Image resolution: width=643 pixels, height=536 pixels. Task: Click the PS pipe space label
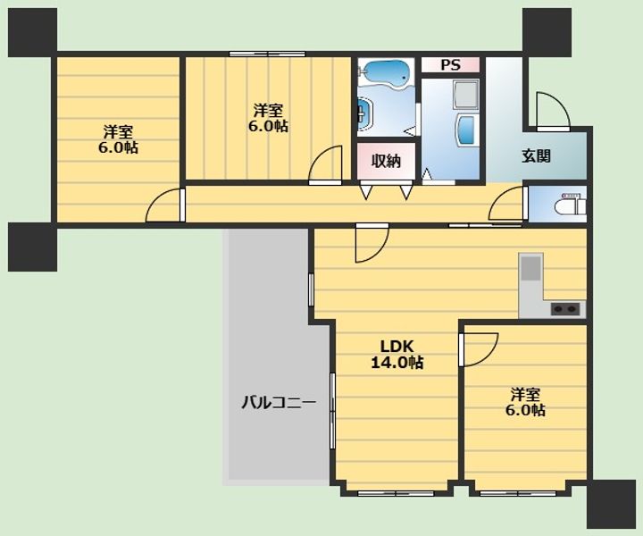pos(450,65)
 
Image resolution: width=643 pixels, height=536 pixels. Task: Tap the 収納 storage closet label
pos(386,161)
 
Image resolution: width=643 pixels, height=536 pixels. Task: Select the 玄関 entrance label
pos(536,155)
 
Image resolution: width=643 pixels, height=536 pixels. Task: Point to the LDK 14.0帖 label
pos(397,355)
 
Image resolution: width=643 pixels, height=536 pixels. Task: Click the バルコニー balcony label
pos(279,402)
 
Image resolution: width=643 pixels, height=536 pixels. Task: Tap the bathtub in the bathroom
pos(386,72)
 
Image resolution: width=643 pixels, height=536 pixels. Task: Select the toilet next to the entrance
pos(570,205)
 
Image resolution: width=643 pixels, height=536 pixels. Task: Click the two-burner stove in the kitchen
pos(565,308)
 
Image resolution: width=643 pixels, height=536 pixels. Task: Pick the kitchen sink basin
pos(530,268)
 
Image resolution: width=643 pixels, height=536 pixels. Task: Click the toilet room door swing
pos(507,203)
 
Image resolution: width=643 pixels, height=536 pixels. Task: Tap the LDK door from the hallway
pos(372,243)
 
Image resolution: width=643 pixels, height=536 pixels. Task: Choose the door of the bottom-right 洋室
pos(479,349)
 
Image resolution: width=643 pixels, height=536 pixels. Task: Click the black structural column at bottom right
pos(612,504)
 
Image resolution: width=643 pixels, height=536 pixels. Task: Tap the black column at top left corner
pos(32,32)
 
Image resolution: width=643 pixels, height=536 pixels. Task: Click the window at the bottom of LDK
pos(396,493)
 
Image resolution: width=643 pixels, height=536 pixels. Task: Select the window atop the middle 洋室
pos(267,54)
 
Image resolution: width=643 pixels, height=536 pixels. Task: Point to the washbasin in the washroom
pos(466,130)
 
